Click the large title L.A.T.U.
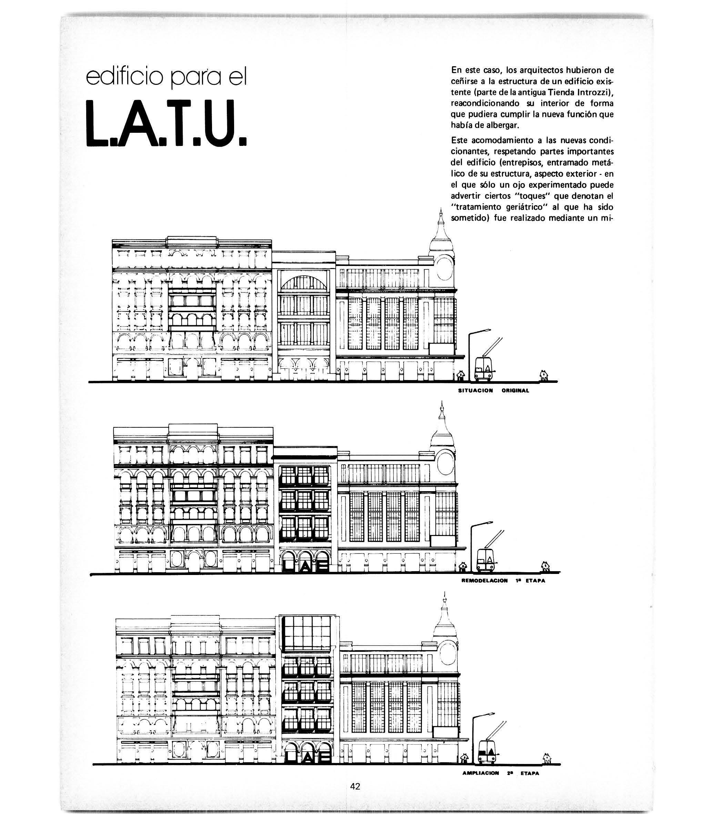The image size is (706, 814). tap(166, 123)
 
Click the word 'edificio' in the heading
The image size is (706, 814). tap(124, 77)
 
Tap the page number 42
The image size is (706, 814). tap(355, 786)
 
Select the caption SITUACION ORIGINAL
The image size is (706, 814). tap(493, 391)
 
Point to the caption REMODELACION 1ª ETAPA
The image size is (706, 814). tap(503, 580)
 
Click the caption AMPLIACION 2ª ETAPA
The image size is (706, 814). tap(501, 773)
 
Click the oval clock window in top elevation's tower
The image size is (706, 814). tap(444, 268)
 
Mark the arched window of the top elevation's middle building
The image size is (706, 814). tap(304, 282)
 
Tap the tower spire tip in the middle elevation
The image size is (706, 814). tap(442, 401)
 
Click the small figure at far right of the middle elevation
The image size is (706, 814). tap(545, 566)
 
